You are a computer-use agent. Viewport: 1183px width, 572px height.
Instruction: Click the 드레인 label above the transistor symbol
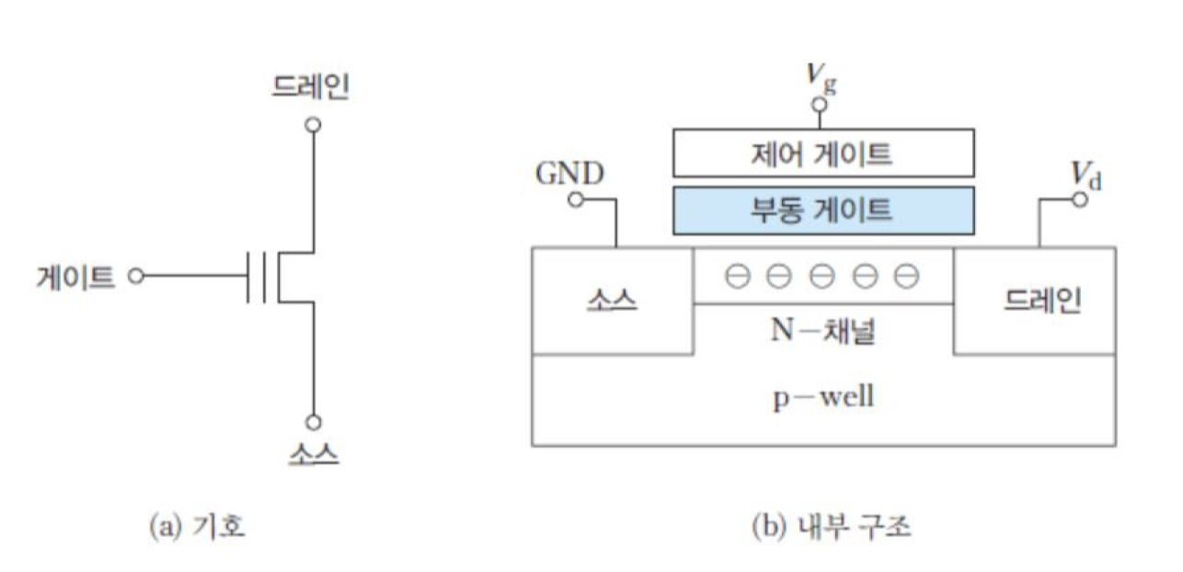click(311, 87)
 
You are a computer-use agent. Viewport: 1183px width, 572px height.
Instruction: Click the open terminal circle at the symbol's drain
click(313, 124)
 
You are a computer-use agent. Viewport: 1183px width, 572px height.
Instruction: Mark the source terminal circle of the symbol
click(313, 422)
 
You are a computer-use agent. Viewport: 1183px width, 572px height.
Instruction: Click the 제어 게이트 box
click(822, 153)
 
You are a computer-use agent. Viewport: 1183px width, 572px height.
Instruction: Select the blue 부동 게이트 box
click(822, 209)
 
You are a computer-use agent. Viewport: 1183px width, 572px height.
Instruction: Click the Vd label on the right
click(1085, 173)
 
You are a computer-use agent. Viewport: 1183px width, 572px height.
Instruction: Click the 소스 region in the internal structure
click(612, 301)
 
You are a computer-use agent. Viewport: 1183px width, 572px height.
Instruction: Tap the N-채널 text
click(822, 331)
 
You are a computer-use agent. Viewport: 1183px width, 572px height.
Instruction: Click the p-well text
click(822, 399)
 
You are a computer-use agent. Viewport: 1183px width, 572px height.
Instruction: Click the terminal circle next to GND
click(576, 199)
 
